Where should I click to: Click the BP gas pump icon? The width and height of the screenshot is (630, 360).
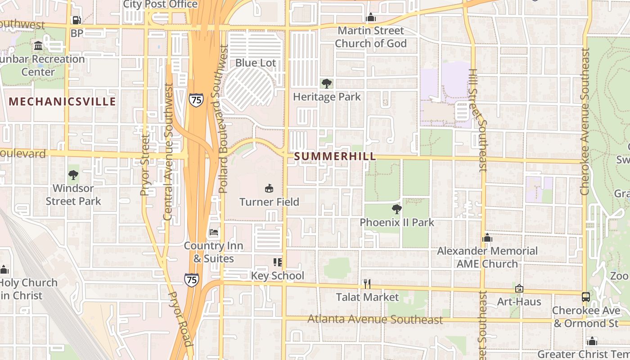coord(77,20)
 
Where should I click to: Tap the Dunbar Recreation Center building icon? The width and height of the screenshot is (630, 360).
coord(38,46)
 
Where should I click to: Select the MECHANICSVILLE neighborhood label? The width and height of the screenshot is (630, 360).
coord(63,102)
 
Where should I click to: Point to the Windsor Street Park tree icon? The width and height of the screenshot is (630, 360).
coord(73,175)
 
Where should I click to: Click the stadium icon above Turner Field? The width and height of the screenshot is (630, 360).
coord(269,188)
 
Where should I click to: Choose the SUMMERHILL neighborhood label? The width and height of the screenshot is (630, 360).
coord(335,157)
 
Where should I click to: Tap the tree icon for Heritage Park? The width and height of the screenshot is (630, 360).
coord(327,83)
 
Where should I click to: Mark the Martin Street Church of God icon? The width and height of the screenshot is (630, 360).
coord(371,18)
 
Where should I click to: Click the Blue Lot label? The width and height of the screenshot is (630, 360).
coord(256,63)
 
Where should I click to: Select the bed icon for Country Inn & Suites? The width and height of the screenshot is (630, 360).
coord(214,232)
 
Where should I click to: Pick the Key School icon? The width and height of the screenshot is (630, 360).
coord(277,262)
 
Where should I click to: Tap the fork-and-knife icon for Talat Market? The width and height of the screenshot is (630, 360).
coord(367,283)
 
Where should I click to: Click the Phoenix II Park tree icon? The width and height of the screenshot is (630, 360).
coord(396,209)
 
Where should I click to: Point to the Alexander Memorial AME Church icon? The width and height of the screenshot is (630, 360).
coord(487,238)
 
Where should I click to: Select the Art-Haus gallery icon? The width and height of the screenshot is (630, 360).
coord(519,288)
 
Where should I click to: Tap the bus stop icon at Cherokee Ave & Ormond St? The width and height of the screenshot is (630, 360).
coord(585,297)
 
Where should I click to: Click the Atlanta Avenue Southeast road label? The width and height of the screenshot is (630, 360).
coord(375,319)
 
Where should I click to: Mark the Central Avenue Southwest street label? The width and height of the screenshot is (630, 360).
coord(168,151)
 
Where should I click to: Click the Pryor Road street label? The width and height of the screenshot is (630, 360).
coord(180,318)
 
